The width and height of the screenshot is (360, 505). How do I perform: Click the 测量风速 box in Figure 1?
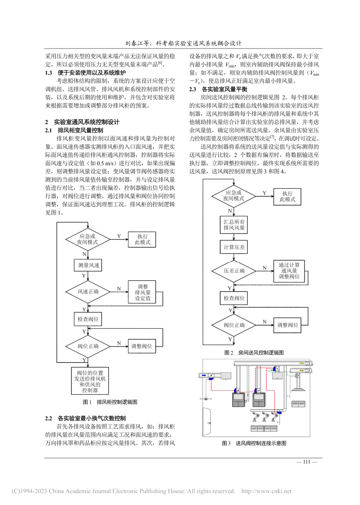[89, 266]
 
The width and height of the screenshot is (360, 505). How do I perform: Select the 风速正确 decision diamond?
[88, 292]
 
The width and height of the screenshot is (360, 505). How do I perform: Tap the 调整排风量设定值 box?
[142, 292]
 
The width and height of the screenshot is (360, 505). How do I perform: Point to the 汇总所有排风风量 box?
[234, 225]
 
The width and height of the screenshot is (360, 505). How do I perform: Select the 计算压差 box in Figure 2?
[234, 247]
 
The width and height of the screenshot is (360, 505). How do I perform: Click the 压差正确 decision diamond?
[234, 271]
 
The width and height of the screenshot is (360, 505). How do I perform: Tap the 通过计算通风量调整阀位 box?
[289, 270]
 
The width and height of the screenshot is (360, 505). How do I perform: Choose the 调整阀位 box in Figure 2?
[288, 325]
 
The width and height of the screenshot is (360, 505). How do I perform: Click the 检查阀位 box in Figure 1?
[88, 319]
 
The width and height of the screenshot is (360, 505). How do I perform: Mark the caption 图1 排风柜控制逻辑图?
[110, 402]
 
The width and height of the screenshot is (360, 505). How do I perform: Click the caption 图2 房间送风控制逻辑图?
[254, 352]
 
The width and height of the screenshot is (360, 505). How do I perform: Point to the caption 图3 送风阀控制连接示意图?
[254, 443]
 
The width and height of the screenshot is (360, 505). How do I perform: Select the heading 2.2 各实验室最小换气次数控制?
[85, 419]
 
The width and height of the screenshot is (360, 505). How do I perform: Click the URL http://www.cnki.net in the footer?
[266, 491]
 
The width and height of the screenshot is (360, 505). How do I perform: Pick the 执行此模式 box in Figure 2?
[287, 196]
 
